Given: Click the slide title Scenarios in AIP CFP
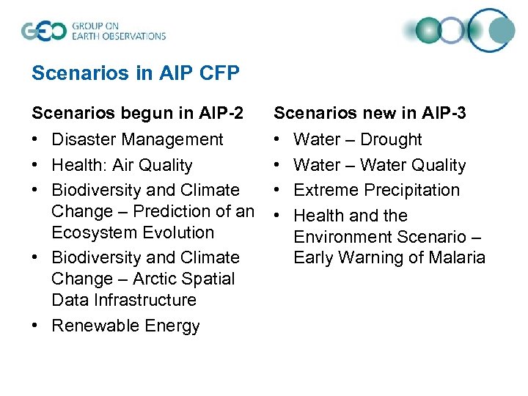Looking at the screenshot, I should click(x=136, y=73).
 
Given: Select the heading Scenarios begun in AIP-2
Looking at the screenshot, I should click(x=136, y=114).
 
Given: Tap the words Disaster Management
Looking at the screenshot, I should click(x=137, y=139).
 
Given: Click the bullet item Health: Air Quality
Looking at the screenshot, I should click(x=122, y=165).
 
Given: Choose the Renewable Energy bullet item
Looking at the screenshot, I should click(x=125, y=326).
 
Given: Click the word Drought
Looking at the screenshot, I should click(x=391, y=139).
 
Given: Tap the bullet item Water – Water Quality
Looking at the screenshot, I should click(x=379, y=165).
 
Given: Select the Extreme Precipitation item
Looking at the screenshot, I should click(x=376, y=190).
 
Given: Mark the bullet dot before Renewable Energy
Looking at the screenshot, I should click(x=36, y=326).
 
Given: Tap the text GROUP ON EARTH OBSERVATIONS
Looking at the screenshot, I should click(x=118, y=31).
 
